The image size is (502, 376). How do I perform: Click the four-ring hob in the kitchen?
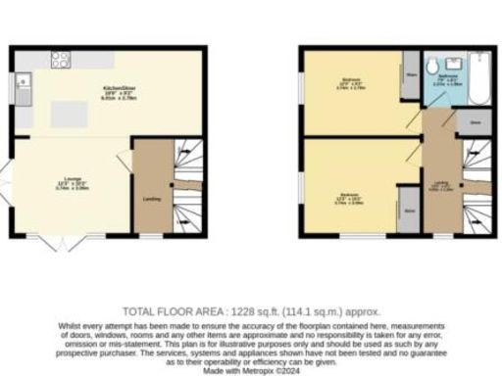tap(59, 58)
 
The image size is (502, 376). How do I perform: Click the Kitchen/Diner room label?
tap(119, 89)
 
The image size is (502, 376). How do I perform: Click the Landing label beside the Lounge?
tap(152, 200)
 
